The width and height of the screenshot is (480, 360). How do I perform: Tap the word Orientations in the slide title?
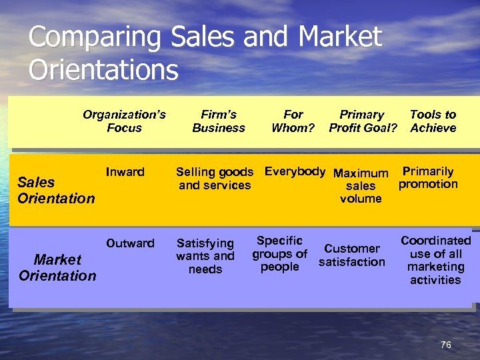[x=103, y=69]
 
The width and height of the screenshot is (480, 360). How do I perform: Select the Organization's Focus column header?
[x=124, y=121]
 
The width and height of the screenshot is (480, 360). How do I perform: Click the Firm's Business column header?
[x=219, y=121]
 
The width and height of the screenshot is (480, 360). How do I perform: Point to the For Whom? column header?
[x=293, y=121]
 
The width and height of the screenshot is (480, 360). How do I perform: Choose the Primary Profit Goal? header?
[x=362, y=121]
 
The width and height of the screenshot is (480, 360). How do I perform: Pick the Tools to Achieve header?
[x=433, y=121]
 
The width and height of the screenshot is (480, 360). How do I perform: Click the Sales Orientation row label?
[x=56, y=190]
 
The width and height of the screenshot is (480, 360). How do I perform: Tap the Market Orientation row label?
[x=57, y=267]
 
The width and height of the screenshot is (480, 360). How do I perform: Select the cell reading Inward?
[x=125, y=172]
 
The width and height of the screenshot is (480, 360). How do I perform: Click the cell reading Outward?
[x=130, y=243]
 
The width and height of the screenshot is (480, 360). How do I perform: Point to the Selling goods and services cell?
[x=215, y=179]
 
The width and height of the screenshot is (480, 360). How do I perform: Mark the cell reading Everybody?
[x=295, y=171]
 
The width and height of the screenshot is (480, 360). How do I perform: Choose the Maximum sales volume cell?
[x=361, y=186]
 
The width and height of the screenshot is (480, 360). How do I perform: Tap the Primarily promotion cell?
[x=428, y=177]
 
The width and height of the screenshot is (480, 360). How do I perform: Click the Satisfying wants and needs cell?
[x=205, y=256]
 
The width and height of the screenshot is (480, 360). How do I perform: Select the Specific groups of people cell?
[x=279, y=253]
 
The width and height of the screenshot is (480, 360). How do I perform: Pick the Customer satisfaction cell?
[x=352, y=255]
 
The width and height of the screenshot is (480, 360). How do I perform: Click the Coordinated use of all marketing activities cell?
[x=435, y=260]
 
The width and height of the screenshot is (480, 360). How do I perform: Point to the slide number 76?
[x=446, y=345]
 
